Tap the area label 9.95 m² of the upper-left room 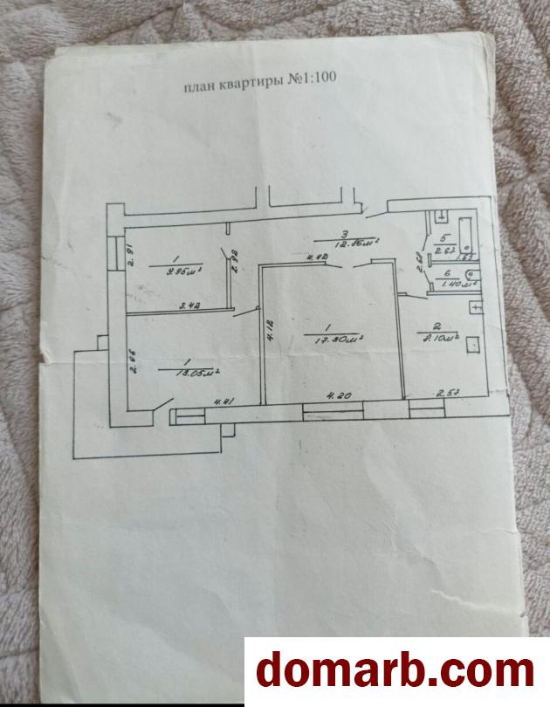183,270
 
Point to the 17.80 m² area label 339,339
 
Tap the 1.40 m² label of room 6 450,283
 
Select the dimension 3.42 189,305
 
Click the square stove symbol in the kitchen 474,345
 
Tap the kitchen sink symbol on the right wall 476,306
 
